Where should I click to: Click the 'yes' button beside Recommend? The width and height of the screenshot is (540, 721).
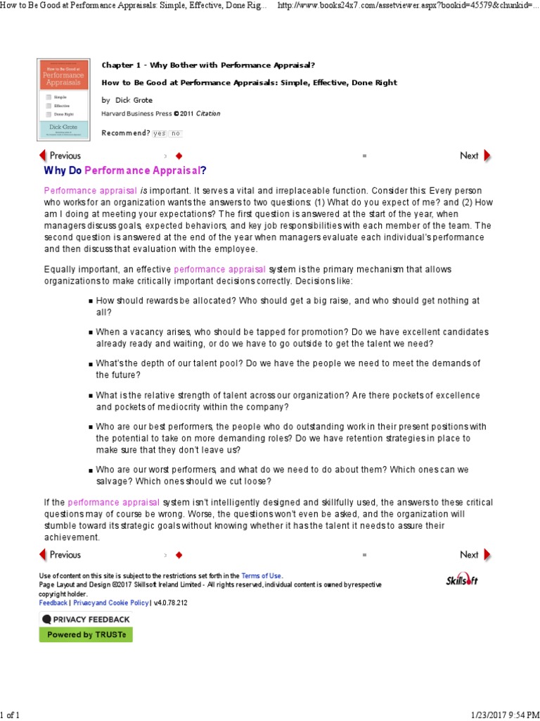point(160,133)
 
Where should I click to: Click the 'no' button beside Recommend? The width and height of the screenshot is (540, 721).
point(175,133)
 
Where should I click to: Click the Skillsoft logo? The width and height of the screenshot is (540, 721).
point(461,579)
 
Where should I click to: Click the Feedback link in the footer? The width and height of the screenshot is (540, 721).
point(53,603)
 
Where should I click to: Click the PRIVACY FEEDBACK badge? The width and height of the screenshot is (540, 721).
point(85,619)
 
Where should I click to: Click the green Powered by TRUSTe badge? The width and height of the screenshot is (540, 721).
point(85,634)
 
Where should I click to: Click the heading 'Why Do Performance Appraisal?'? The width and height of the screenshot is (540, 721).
point(126,171)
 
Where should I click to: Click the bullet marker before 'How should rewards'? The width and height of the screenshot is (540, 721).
point(91,301)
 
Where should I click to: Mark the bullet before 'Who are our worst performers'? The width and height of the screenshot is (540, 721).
point(91,470)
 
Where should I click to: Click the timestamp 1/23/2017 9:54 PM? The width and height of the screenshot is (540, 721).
point(501,715)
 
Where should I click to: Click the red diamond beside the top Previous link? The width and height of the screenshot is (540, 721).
point(179,156)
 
